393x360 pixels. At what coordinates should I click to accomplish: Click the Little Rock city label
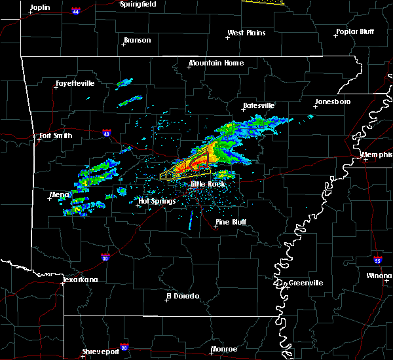pos(208,185)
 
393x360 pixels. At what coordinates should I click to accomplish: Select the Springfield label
pos(138,4)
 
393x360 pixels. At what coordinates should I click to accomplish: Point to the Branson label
pos(137,41)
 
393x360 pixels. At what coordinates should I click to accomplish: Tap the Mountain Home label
pos(216,63)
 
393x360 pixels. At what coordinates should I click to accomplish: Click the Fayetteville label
pos(75,84)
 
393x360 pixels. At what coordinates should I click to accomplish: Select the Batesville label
pos(259,105)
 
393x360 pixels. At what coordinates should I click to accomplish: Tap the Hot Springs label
pos(157,202)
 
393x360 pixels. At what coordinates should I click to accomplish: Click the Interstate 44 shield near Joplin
pos(77,11)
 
